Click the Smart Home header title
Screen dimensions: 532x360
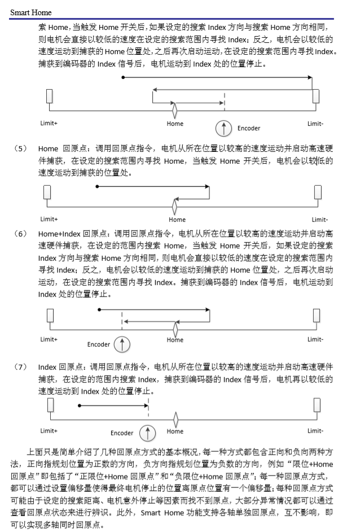tap(30, 12)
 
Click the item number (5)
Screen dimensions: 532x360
tap(20, 149)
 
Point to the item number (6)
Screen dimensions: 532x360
tap(20, 232)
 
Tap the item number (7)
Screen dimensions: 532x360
tap(20, 367)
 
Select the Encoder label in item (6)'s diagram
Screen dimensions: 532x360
tap(98, 344)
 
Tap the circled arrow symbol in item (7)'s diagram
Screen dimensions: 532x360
tap(147, 433)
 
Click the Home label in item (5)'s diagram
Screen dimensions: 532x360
tap(177, 220)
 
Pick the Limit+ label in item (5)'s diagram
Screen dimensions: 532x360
tap(49, 219)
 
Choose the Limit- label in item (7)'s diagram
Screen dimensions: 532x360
tap(315, 431)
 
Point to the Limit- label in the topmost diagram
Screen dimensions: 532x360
tap(315, 123)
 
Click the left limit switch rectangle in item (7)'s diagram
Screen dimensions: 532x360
tap(50, 406)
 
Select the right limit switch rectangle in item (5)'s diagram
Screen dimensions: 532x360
tap(317, 193)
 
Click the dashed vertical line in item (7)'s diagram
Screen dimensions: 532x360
tap(148, 408)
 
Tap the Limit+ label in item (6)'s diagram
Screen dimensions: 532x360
tap(49, 339)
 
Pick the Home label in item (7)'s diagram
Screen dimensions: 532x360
tap(175, 431)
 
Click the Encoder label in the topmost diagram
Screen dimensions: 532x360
tap(248, 128)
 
